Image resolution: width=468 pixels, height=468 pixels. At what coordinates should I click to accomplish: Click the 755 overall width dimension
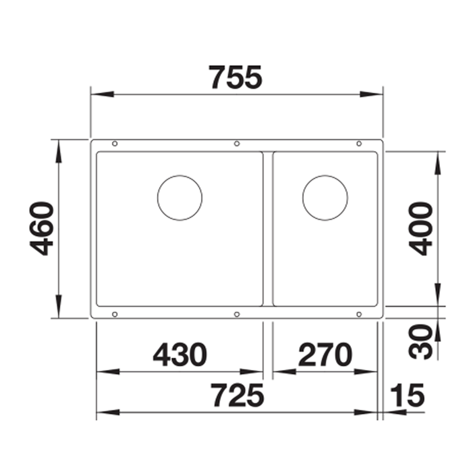pos(236,77)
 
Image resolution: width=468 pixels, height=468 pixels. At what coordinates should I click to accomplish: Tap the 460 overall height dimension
pos(42,228)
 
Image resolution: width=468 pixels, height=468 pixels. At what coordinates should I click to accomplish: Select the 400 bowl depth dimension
pos(421,228)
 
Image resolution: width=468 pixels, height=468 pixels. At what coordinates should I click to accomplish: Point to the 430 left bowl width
pos(180,354)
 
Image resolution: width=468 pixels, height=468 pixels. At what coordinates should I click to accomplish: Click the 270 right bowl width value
pos(325,354)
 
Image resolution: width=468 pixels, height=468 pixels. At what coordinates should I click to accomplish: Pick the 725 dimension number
pos(238,395)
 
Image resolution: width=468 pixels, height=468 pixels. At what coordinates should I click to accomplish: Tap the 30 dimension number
pos(421,342)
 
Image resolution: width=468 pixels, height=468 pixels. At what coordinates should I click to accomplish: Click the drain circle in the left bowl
pos(180,198)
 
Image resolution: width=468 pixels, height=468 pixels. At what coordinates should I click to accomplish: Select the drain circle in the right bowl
pos(325,198)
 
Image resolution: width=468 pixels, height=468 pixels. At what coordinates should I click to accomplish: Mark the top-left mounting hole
pos(114,143)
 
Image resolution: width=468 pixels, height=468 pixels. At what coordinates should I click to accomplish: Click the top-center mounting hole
pos(237,143)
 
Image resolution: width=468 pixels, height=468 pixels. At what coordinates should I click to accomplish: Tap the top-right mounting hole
pos(359,143)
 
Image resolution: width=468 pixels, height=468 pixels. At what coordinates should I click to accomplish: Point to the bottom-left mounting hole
pos(114,314)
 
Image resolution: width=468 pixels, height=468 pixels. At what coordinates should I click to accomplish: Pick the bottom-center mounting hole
pos(237,314)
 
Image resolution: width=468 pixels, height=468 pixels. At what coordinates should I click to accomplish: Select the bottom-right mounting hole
pos(359,314)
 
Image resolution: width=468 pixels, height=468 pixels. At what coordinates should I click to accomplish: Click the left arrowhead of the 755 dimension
pos(101,94)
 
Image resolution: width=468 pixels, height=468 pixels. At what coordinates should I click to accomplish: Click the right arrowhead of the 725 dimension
pos(366,412)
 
